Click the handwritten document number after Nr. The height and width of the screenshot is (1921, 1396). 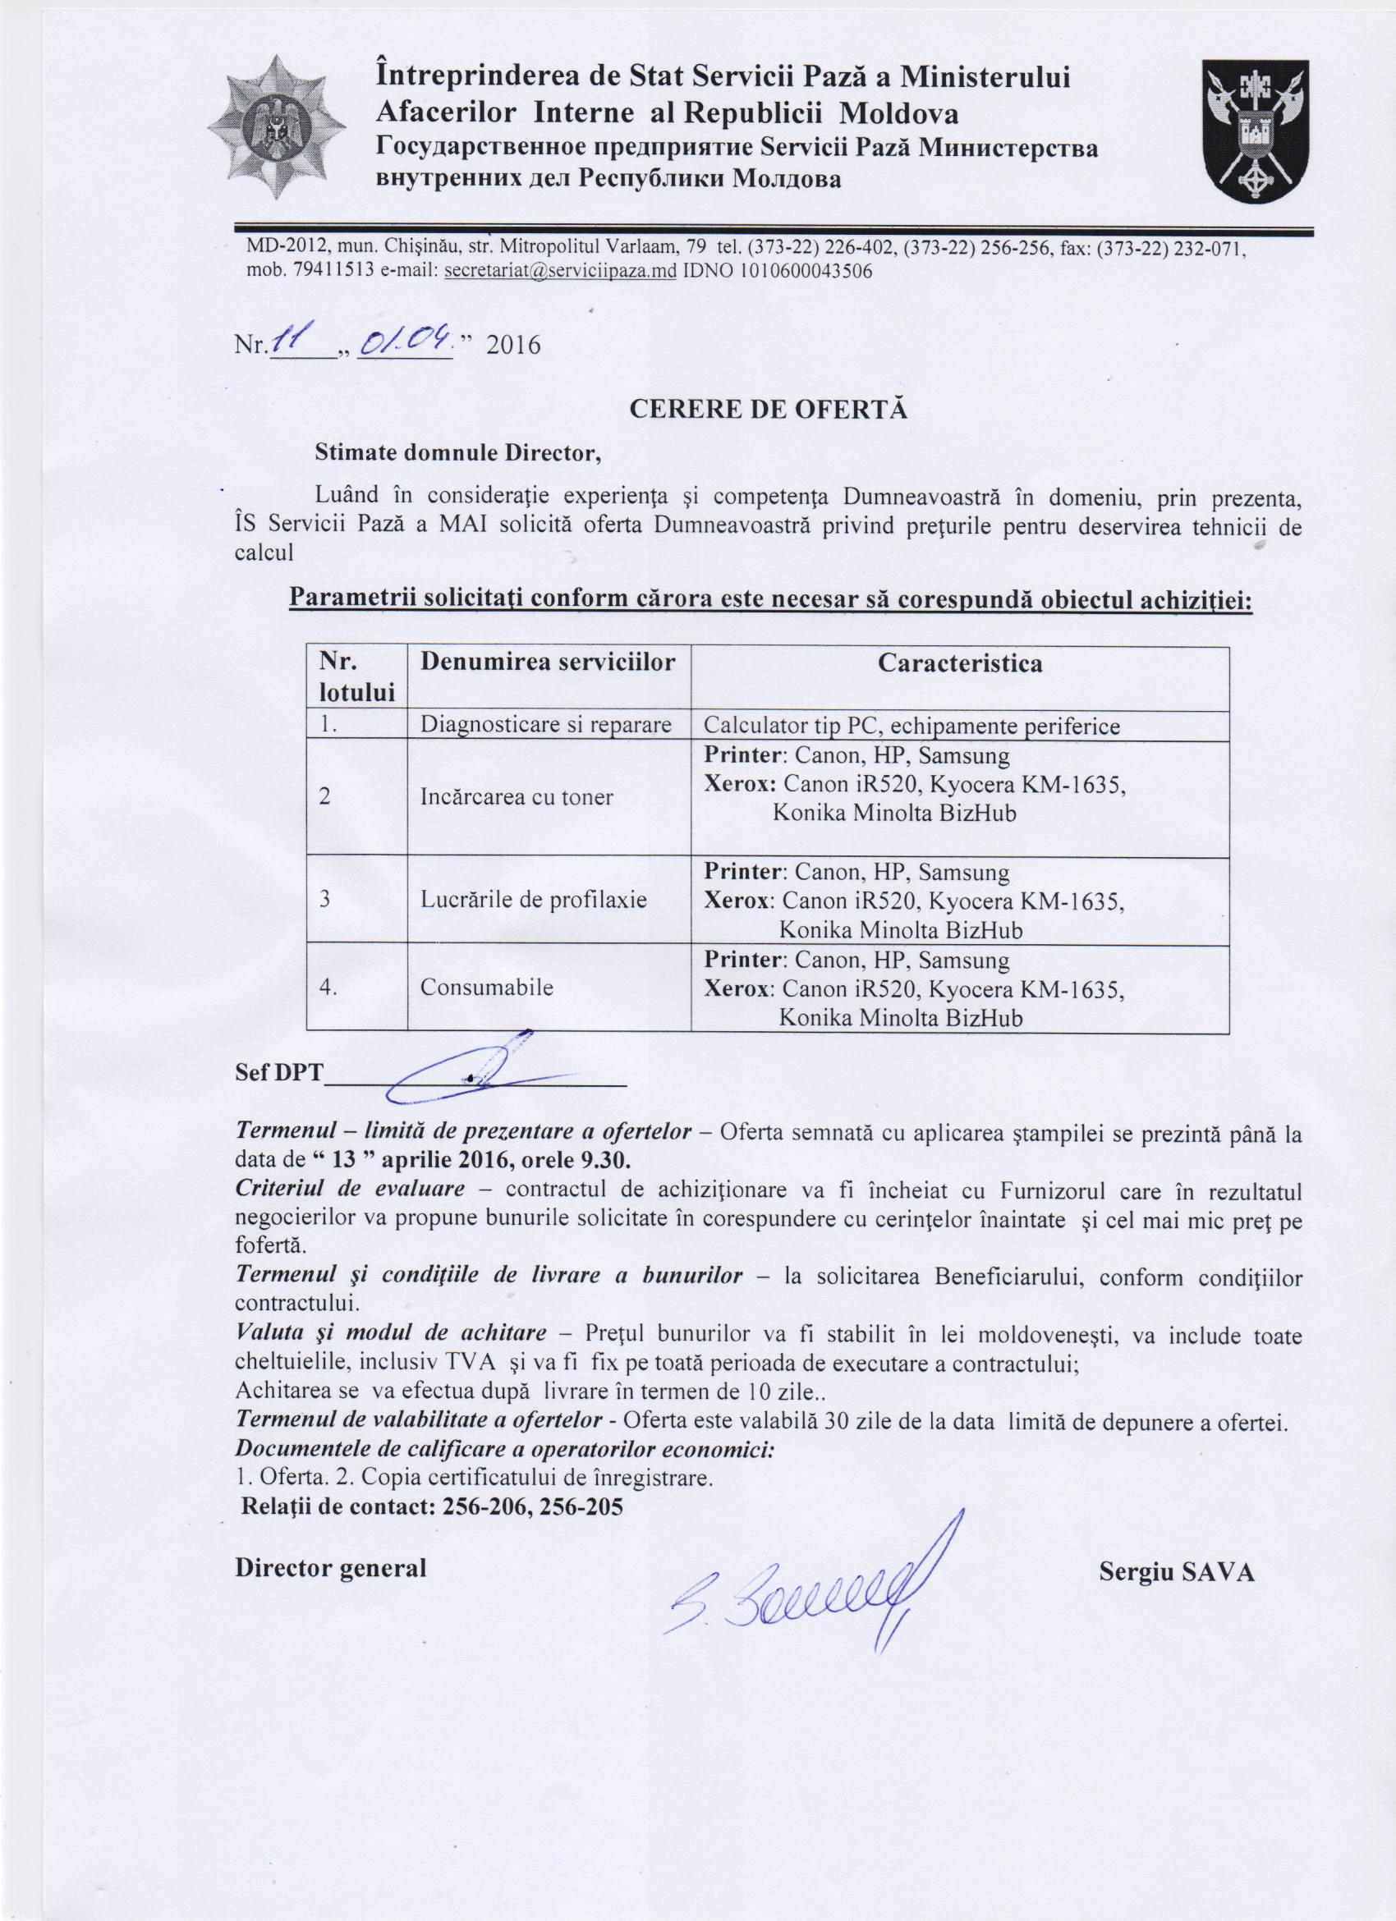[298, 342]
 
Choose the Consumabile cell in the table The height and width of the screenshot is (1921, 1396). [487, 987]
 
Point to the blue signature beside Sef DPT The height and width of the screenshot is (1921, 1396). [475, 1070]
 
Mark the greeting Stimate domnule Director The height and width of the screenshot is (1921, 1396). [457, 452]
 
